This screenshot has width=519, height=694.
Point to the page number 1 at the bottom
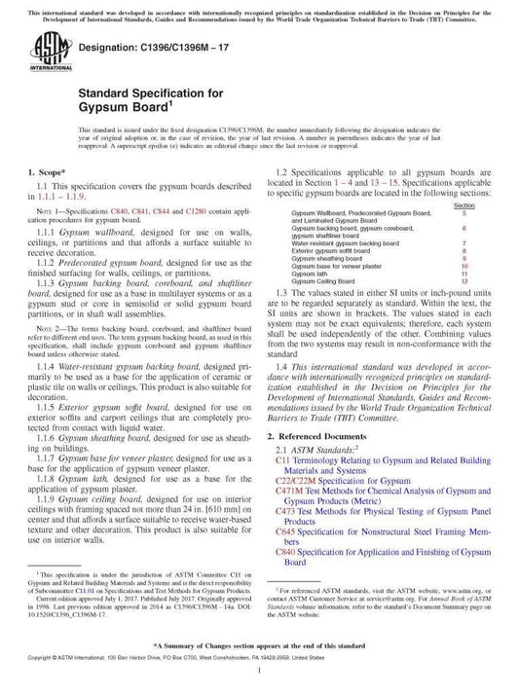pyautogui.click(x=259, y=671)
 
